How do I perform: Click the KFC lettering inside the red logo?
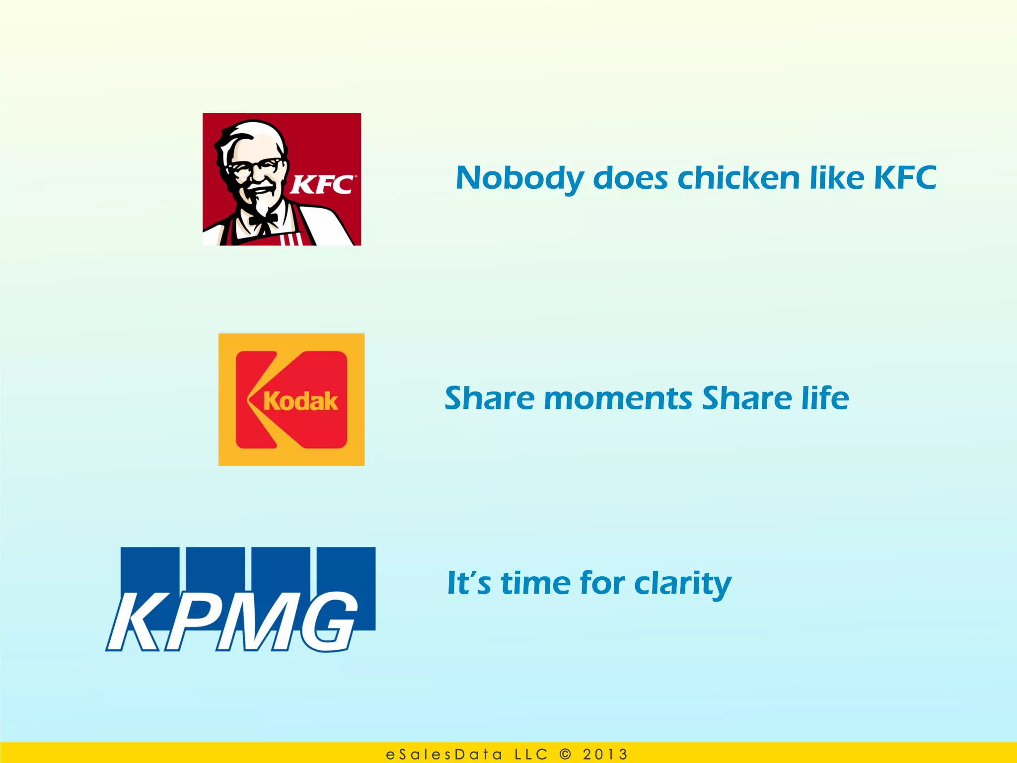[x=322, y=185]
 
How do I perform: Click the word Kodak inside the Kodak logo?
[x=300, y=401]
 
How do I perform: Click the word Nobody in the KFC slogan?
[x=519, y=179]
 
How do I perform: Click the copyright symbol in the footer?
[x=565, y=754]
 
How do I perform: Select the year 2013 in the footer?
[x=605, y=754]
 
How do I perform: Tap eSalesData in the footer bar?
[x=444, y=754]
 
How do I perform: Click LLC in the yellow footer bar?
[x=531, y=754]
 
